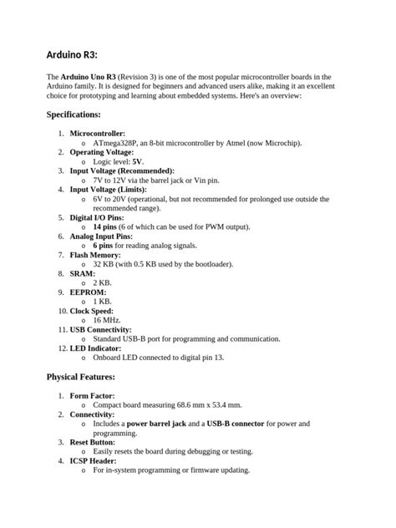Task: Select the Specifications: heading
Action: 74,114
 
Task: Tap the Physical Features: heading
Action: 81,377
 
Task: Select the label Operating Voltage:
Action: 101,152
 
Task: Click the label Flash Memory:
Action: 95,255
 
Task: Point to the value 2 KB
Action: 102,282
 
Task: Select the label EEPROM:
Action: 88,292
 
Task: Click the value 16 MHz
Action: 107,320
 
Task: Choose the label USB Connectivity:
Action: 105,329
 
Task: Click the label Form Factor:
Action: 92,395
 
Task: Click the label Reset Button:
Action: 94,442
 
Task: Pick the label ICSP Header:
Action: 93,460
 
